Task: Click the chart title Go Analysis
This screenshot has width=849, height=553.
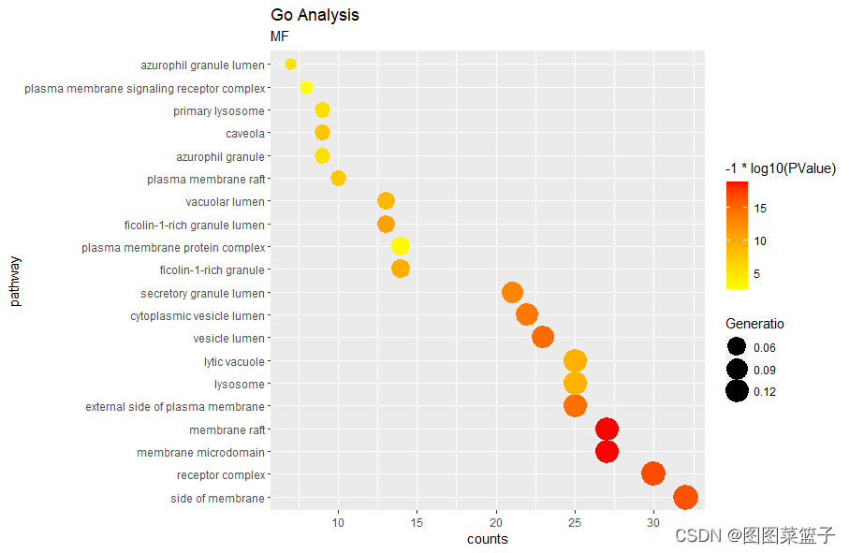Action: point(315,15)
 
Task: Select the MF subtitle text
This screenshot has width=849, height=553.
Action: point(280,36)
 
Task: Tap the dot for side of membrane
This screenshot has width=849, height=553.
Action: point(685,498)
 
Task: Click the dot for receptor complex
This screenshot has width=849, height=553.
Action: point(653,474)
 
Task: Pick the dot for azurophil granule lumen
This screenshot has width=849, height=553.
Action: point(290,64)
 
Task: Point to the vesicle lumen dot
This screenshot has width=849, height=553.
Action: point(543,338)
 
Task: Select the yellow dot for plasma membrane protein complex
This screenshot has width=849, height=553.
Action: point(401,246)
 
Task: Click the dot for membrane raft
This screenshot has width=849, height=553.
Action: point(607,429)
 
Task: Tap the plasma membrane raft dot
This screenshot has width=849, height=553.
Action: point(338,178)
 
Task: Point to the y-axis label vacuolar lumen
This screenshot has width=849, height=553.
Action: point(226,202)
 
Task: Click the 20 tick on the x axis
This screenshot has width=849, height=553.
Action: point(496,521)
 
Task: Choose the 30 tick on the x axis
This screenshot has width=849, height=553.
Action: point(653,521)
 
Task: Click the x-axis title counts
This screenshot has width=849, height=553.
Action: point(487,539)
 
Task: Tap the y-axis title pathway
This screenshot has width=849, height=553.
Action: point(14,281)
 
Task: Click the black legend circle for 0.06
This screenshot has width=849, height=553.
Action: point(737,347)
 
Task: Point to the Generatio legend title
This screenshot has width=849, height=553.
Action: point(754,324)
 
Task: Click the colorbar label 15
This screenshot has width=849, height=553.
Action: point(760,209)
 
